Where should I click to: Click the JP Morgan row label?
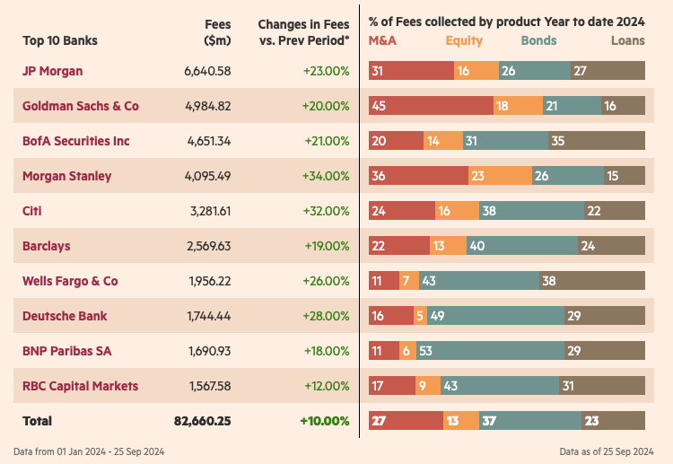pyautogui.click(x=52, y=71)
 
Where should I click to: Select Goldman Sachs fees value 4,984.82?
pyautogui.click(x=208, y=106)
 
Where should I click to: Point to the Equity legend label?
pyautogui.click(x=464, y=40)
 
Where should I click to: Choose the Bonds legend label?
pyautogui.click(x=538, y=40)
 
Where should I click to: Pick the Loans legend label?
pyautogui.click(x=627, y=40)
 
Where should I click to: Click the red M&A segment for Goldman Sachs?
pyautogui.click(x=431, y=106)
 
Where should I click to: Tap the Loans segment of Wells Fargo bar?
pyautogui.click(x=591, y=281)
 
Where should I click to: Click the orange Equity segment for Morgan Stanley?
pyautogui.click(x=500, y=176)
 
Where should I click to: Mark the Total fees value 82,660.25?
pyautogui.click(x=202, y=421)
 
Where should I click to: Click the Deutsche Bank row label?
pyautogui.click(x=64, y=316)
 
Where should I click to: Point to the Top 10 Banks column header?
pyautogui.click(x=60, y=40)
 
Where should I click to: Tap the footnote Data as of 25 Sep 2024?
pyautogui.click(x=609, y=451)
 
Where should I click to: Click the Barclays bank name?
pyautogui.click(x=46, y=246)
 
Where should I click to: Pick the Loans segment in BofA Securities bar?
pyautogui.click(x=596, y=141)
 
